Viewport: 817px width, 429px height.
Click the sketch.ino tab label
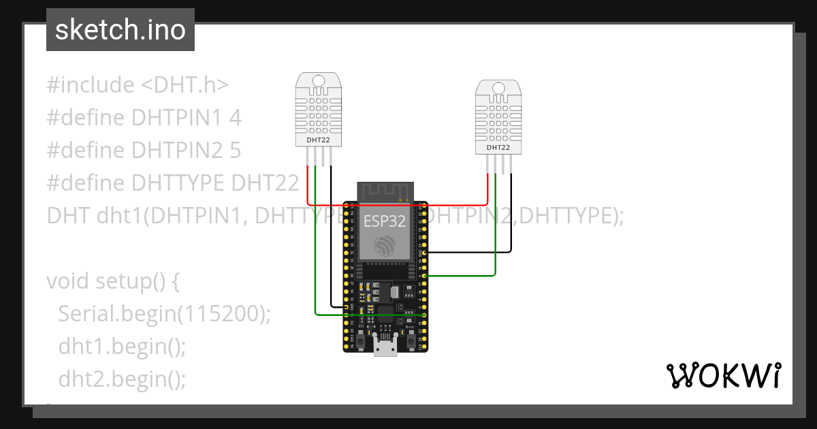click(120, 30)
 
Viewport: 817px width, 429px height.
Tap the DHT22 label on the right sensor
click(498, 148)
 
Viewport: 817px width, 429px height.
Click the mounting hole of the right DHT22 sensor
click(498, 89)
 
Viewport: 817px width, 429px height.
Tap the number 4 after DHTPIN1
click(235, 118)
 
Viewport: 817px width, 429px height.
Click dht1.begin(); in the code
click(122, 346)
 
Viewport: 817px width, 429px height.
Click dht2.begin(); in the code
click(122, 379)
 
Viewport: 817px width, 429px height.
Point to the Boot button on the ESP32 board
click(411, 338)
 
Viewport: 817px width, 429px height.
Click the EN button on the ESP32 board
click(361, 338)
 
